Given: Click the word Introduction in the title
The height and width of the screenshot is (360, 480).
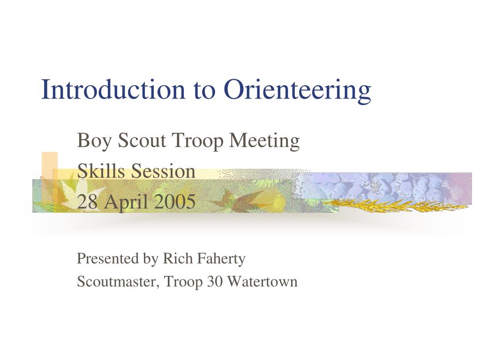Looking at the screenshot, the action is [113, 89].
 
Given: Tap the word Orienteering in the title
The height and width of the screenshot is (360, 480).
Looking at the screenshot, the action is [297, 91].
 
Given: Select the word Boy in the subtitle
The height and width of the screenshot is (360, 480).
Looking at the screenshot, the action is [94, 141].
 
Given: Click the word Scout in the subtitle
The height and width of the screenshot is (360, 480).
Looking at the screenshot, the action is [142, 141].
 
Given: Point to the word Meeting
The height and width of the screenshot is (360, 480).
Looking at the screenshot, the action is [264, 141].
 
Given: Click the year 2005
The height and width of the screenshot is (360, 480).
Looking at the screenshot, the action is [174, 202].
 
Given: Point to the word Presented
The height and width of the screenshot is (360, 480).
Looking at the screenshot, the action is [108, 258].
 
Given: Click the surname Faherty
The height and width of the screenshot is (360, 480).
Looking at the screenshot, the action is [221, 259].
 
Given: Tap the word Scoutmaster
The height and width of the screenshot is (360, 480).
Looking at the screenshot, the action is [118, 282].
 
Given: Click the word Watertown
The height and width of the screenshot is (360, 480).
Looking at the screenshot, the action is [262, 282].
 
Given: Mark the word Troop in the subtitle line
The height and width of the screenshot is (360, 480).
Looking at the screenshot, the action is [198, 141].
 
